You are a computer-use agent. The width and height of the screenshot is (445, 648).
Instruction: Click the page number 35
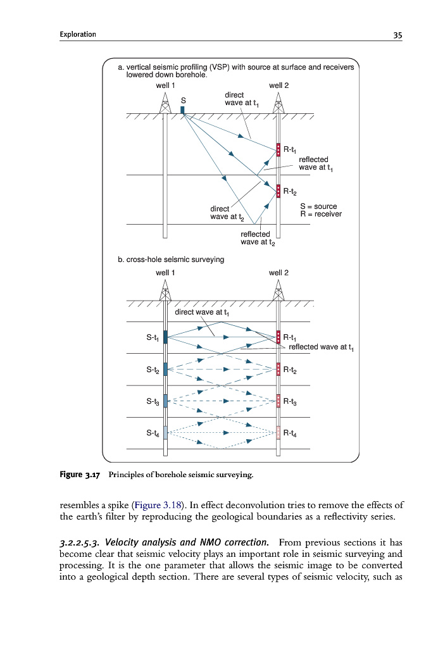coord(398,35)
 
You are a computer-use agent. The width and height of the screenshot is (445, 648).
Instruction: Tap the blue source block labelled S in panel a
coord(183,110)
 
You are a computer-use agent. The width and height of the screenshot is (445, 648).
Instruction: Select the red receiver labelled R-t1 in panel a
coord(278,150)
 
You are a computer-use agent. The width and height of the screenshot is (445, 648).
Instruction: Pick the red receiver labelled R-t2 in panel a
coord(278,190)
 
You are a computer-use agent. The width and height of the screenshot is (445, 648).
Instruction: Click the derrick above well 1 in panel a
coord(165,103)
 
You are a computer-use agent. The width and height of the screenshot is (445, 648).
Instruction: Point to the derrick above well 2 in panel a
coord(278,103)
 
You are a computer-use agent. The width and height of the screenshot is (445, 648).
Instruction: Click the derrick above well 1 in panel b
coord(165,290)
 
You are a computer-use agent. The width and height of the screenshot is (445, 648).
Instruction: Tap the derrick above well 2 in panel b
coord(278,290)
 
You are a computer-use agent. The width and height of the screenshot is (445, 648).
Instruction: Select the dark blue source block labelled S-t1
coord(165,337)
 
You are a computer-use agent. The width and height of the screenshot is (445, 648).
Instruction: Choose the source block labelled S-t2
coord(165,369)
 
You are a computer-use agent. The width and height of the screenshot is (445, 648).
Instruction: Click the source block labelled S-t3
coord(165,401)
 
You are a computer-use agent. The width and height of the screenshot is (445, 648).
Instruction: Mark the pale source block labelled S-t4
coord(165,433)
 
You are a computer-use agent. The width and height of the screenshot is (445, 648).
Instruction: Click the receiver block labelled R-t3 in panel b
coord(278,401)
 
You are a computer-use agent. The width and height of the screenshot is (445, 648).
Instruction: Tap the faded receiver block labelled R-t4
coord(278,433)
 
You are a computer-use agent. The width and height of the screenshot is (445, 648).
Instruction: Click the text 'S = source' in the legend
coord(318,206)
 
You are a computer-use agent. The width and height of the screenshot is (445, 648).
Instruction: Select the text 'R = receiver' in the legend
coord(320,214)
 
